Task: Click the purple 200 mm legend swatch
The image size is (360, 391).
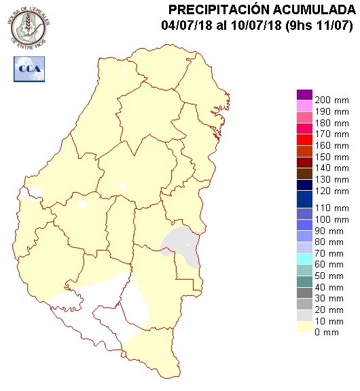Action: (304, 94)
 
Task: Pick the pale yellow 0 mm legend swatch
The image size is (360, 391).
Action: (304, 329)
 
